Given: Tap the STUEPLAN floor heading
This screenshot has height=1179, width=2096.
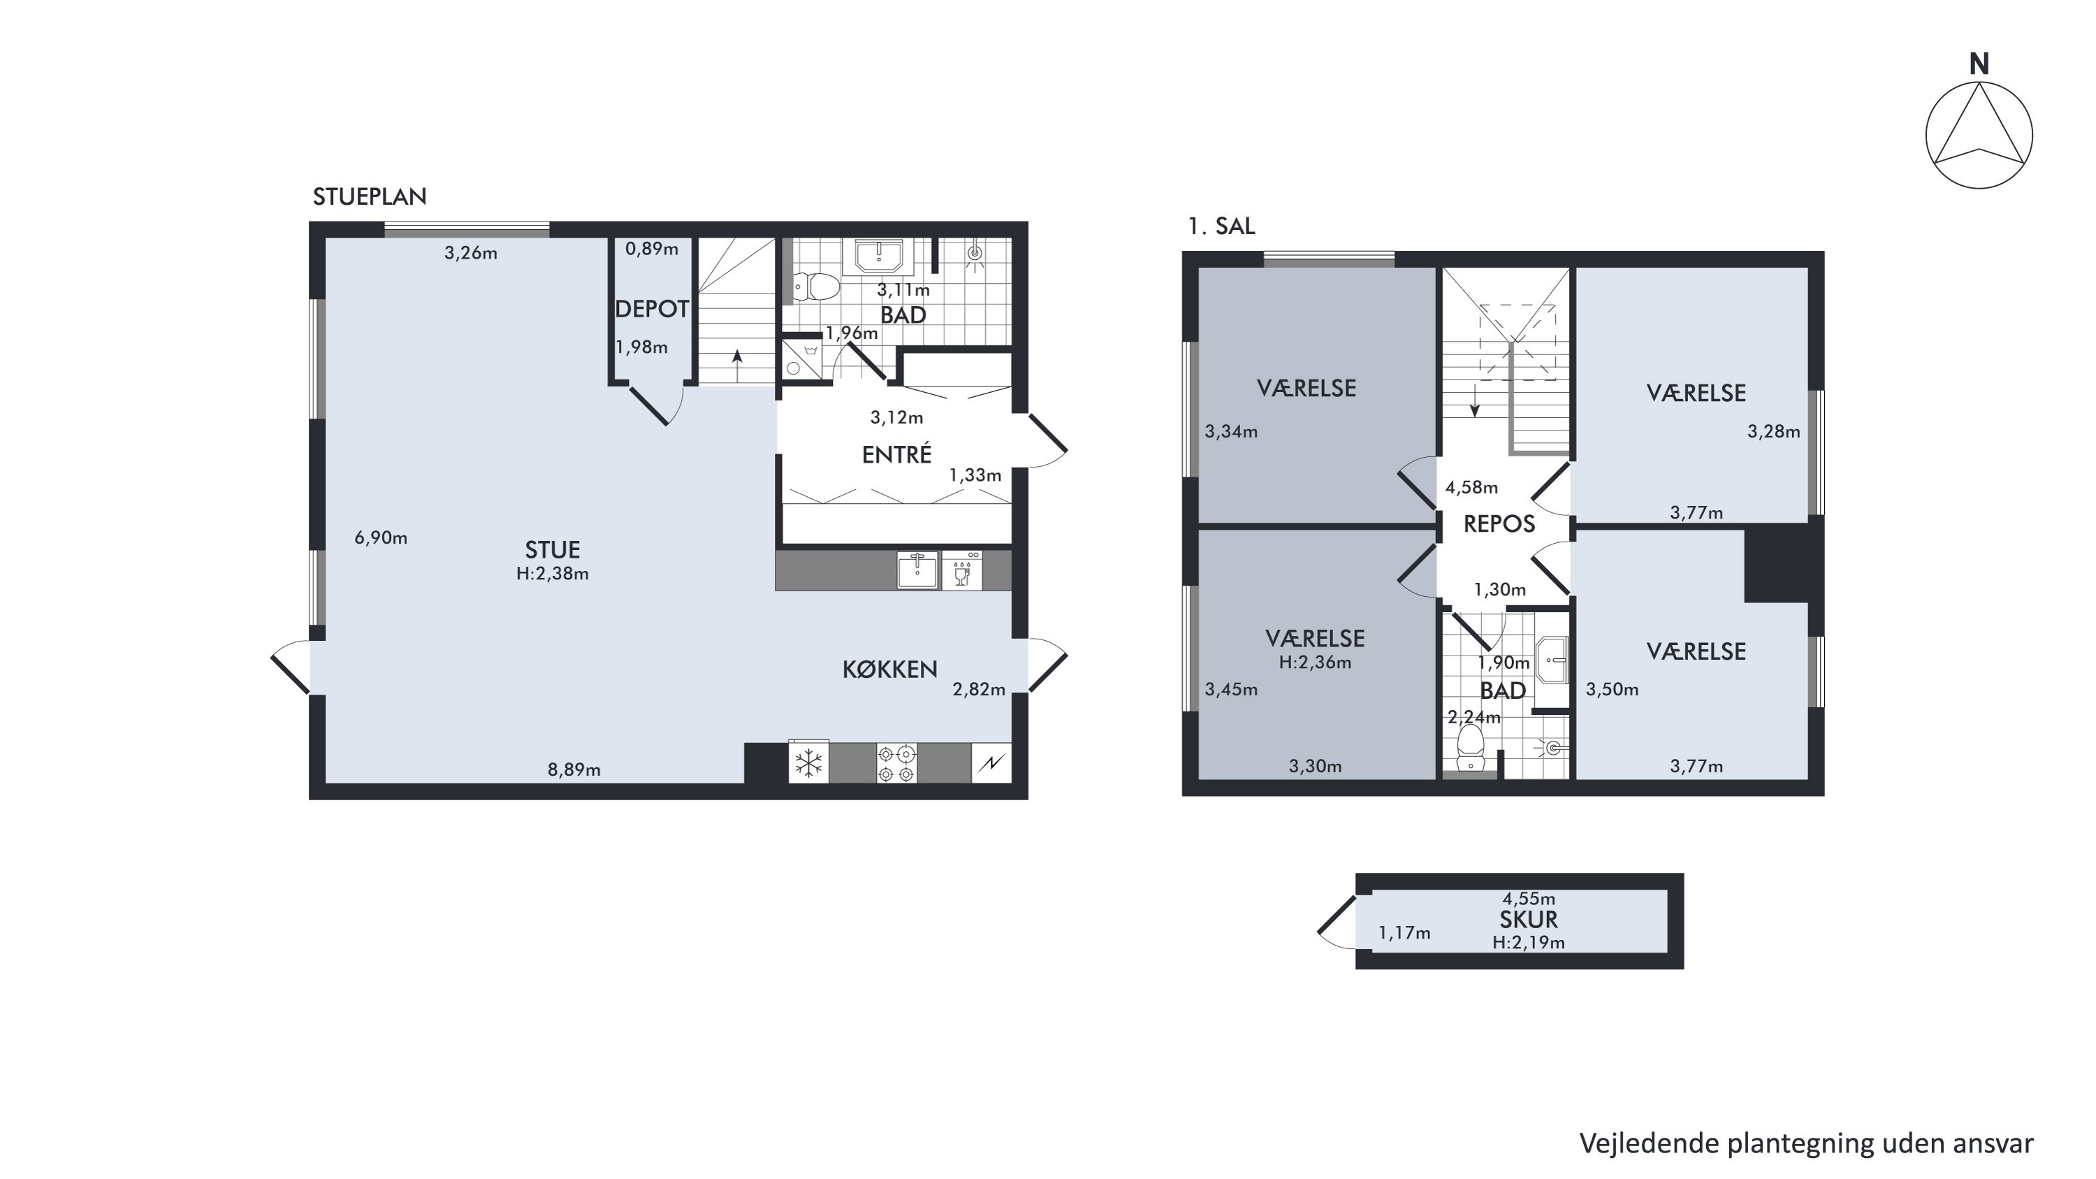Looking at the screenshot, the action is pyautogui.click(x=370, y=197).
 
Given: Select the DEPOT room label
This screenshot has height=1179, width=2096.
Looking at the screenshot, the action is pyautogui.click(x=652, y=309).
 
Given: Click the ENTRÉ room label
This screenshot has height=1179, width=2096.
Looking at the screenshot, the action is pyautogui.click(x=896, y=454).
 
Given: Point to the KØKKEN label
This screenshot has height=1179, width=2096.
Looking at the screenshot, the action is pyautogui.click(x=889, y=670).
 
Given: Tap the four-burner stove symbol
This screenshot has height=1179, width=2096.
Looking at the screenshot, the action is pyautogui.click(x=896, y=763).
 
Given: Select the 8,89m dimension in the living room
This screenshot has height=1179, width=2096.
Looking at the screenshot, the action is pyautogui.click(x=574, y=769).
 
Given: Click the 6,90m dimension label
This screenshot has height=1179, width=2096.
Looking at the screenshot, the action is pyautogui.click(x=381, y=538).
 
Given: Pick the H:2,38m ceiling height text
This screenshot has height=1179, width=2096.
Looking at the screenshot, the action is pyautogui.click(x=553, y=574).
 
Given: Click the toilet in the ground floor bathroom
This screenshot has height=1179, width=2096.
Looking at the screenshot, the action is pyautogui.click(x=816, y=287).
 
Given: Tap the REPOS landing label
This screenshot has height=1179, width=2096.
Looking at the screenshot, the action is pyautogui.click(x=1499, y=524).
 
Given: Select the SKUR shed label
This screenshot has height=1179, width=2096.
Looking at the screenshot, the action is pyautogui.click(x=1529, y=920).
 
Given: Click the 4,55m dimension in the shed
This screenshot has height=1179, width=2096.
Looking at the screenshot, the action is pyautogui.click(x=1529, y=899).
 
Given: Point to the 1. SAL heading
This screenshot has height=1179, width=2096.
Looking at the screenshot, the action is pyautogui.click(x=1221, y=226).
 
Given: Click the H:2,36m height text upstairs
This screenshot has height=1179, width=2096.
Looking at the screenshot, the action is pyautogui.click(x=1315, y=663).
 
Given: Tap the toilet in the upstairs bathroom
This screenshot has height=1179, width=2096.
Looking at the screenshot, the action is pyautogui.click(x=1470, y=747).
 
